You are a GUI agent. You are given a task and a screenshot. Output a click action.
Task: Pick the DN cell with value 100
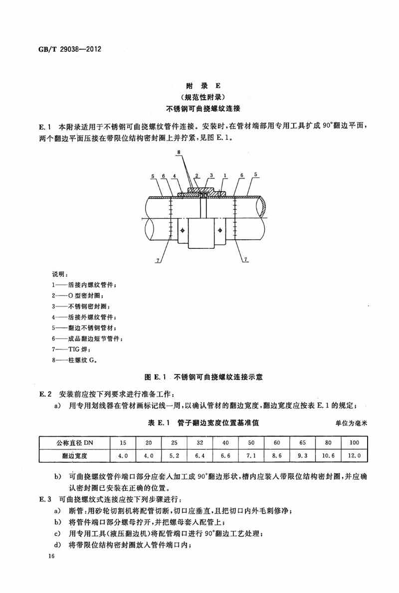(x=354, y=442)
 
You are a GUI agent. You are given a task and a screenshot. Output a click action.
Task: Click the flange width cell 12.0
(x=354, y=455)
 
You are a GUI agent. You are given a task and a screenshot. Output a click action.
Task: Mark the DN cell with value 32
(x=199, y=442)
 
